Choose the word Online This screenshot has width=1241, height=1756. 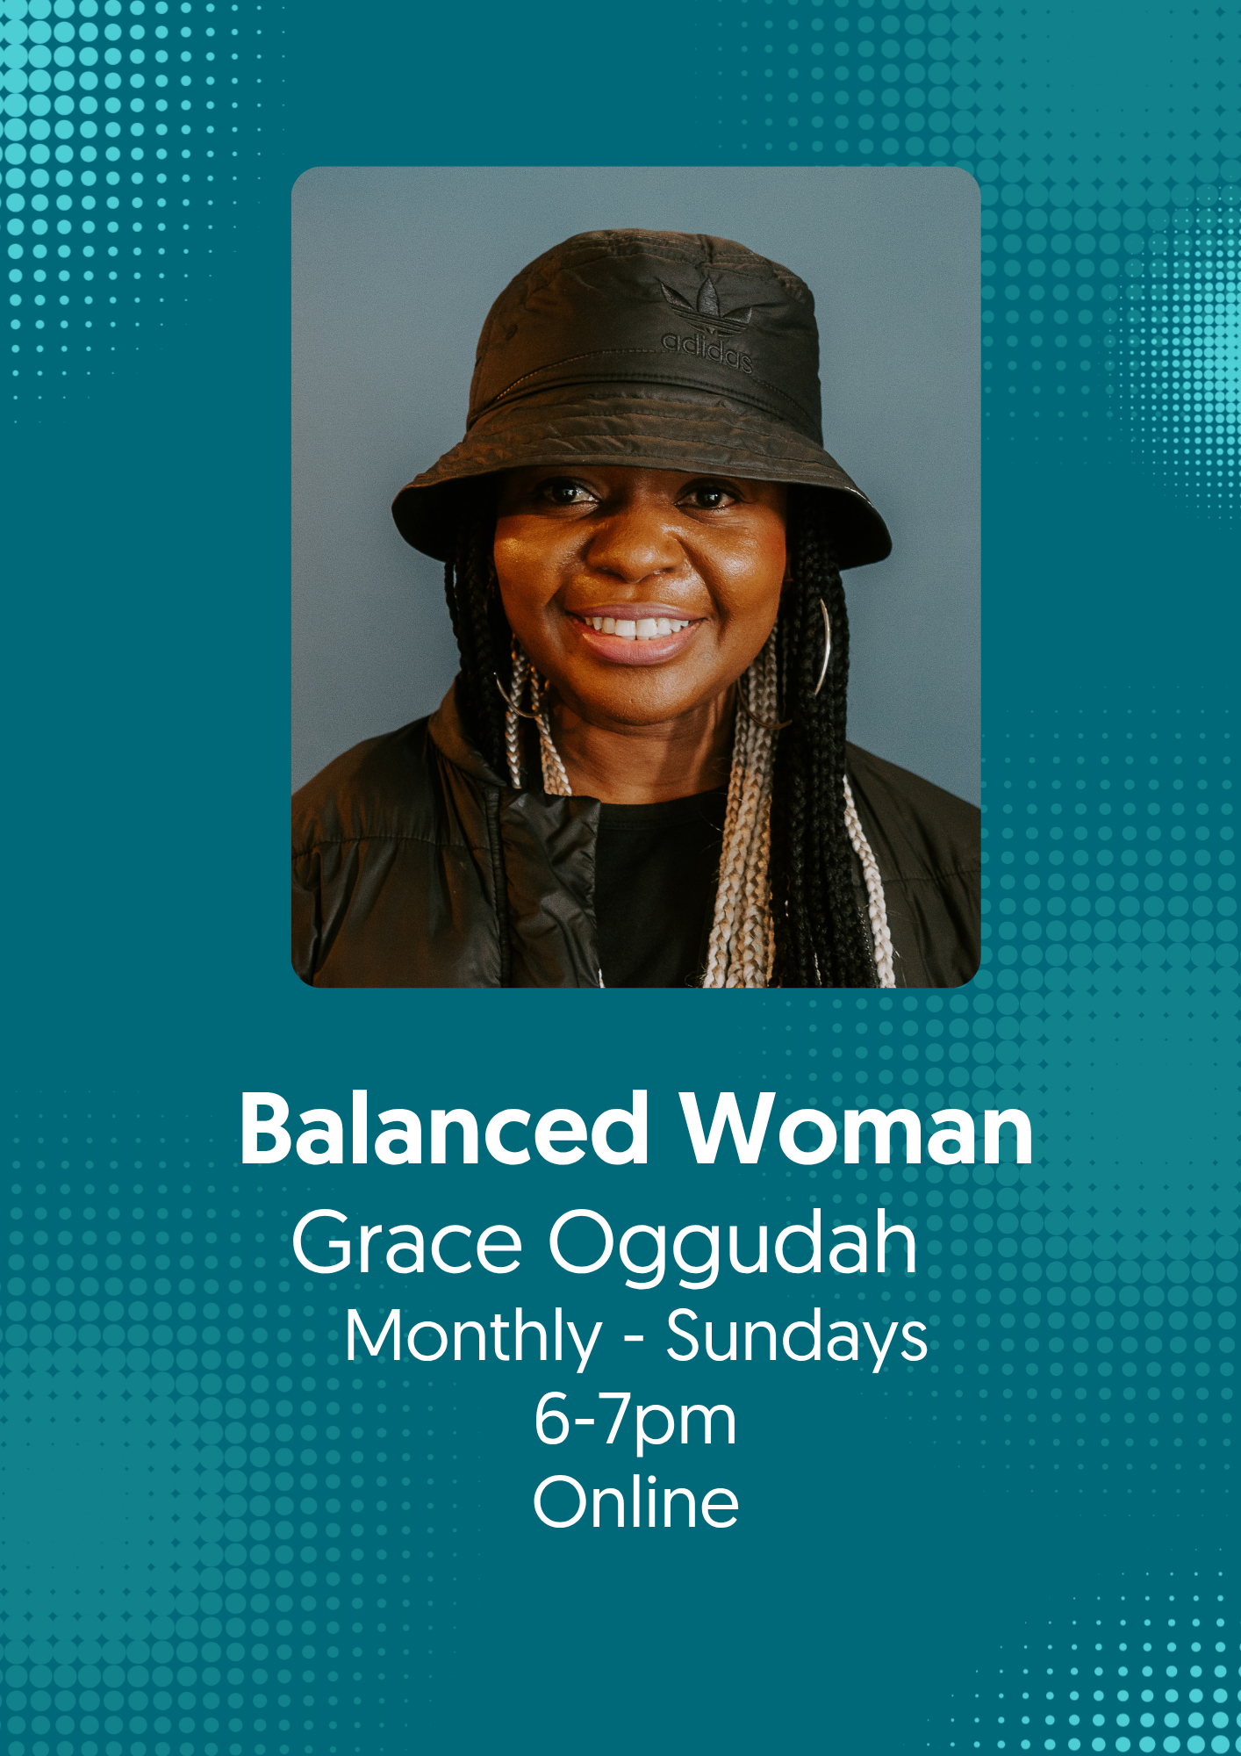[635, 1501]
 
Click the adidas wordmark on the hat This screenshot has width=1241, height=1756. [707, 350]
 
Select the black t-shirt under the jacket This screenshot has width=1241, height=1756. [658, 887]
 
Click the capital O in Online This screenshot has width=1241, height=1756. [563, 1502]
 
